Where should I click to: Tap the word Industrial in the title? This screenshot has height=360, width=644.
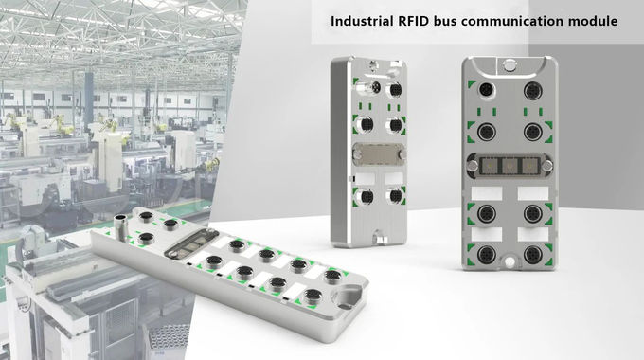tap(362, 21)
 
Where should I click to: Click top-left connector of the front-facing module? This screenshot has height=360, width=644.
tap(487, 89)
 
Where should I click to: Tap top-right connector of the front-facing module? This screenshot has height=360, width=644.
tap(532, 89)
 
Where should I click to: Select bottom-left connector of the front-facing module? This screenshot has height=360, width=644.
tap(487, 254)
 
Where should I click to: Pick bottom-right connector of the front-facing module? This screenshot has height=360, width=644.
tap(533, 254)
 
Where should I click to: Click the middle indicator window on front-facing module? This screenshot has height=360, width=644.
tap(510, 165)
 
